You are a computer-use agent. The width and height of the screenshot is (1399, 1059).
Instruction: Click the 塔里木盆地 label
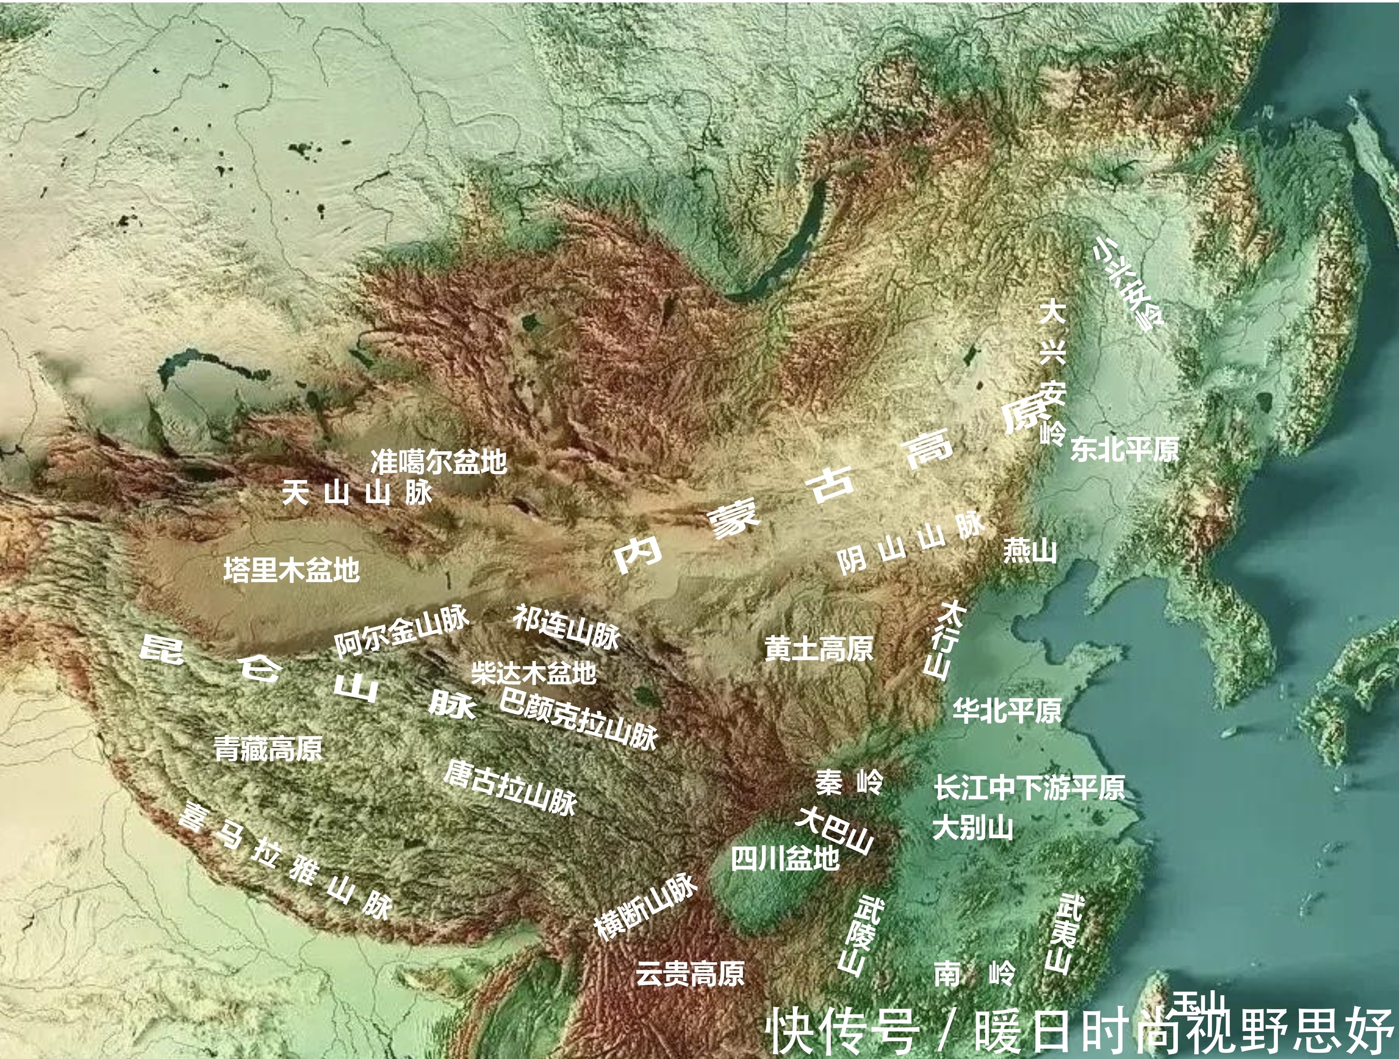point(292,570)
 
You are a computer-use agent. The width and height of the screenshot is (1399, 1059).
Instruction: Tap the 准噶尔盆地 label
point(438,462)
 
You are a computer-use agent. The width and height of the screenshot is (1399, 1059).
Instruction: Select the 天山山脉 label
point(357,492)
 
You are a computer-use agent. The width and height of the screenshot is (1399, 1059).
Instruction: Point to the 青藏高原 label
point(268,749)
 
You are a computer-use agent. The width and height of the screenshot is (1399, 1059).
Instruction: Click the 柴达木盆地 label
point(533,673)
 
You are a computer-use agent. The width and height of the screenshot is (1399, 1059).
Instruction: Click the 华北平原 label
point(1007,711)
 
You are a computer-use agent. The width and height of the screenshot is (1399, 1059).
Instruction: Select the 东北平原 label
point(1124,450)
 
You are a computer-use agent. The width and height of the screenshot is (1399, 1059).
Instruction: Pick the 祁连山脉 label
point(566,627)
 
